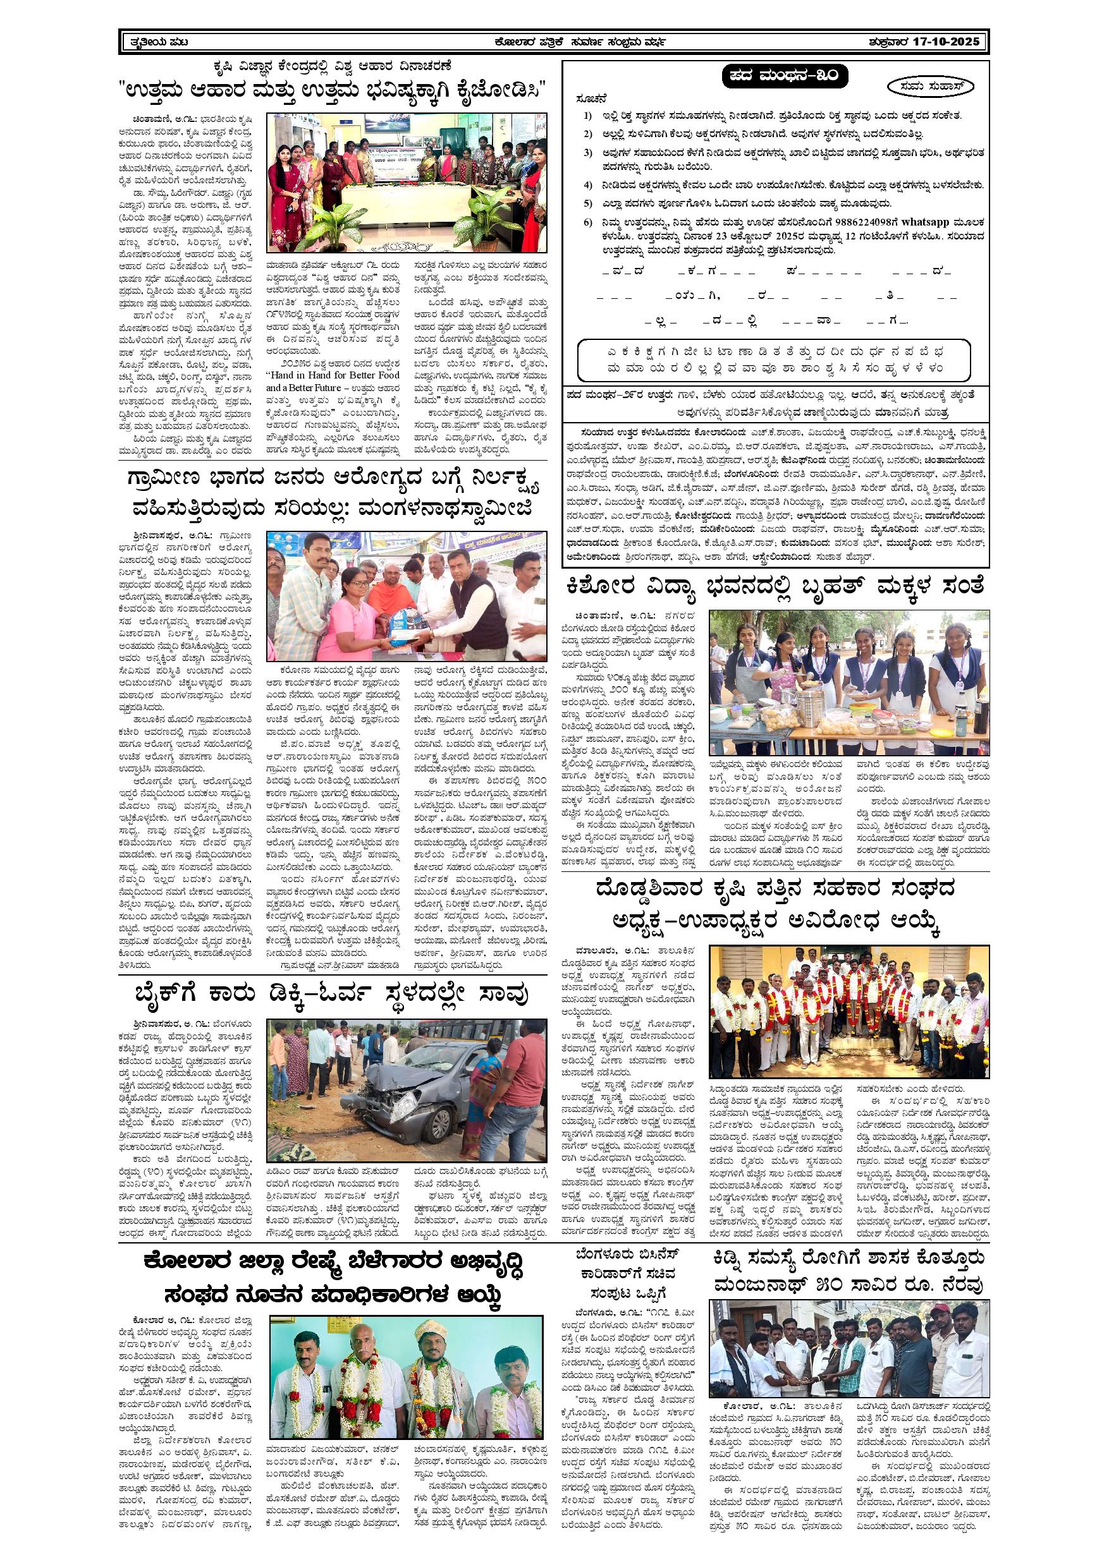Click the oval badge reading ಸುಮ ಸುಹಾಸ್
pos(931,87)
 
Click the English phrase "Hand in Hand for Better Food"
pos(333,375)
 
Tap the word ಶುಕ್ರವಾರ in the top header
pos(886,42)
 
